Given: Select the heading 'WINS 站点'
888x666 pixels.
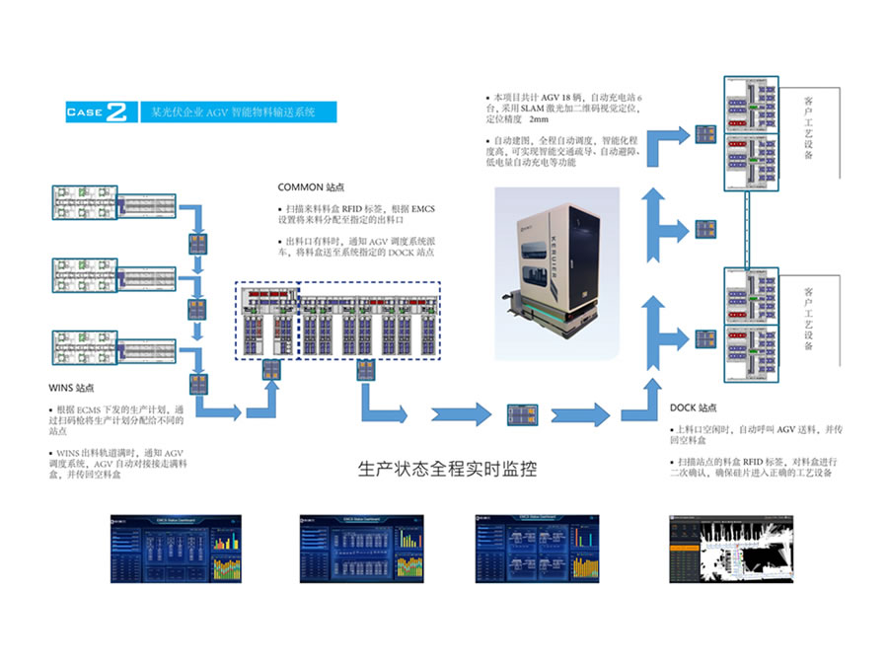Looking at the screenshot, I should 73,388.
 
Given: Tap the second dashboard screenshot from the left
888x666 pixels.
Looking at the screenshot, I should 362,548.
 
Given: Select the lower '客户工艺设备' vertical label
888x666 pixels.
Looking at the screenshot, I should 809,319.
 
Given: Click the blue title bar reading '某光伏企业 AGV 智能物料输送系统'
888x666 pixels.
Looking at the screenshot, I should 237,111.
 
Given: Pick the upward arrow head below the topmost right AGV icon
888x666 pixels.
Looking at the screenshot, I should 652,201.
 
